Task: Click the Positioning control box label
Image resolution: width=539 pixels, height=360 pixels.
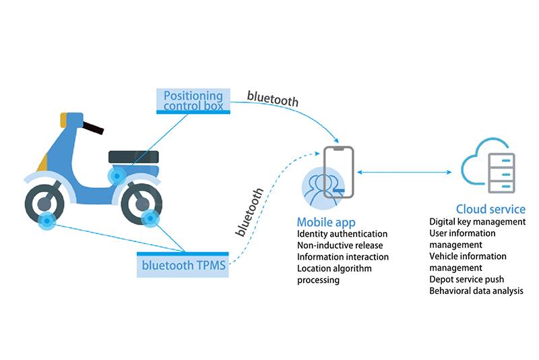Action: (x=193, y=100)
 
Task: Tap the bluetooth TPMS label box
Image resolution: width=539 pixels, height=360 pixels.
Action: (x=183, y=264)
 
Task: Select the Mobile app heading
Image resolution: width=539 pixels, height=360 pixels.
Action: (x=326, y=222)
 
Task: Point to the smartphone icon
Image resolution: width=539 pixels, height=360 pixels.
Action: (x=338, y=173)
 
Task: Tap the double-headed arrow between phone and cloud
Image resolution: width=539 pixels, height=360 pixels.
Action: (x=400, y=173)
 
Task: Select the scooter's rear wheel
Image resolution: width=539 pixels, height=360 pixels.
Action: (x=141, y=202)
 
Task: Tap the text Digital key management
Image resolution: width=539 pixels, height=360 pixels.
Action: (x=477, y=221)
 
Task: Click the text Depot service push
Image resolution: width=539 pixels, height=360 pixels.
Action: (x=466, y=279)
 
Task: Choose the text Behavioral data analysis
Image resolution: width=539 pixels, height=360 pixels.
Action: (x=476, y=291)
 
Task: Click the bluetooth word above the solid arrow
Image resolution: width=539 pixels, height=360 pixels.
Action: (x=272, y=96)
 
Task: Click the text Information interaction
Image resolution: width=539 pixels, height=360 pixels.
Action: (x=343, y=257)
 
